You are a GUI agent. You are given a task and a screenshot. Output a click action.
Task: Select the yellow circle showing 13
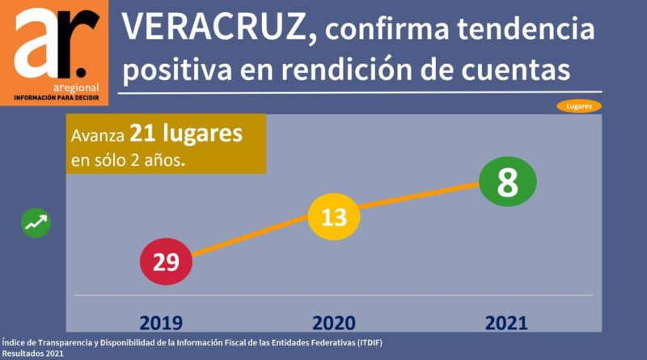(x=333, y=216)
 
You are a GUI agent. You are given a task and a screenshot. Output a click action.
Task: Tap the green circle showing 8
(x=507, y=182)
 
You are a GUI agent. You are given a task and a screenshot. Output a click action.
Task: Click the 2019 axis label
(x=161, y=323)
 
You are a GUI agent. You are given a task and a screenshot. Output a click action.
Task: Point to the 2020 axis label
(x=334, y=323)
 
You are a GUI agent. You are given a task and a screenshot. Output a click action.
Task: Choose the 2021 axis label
(x=506, y=323)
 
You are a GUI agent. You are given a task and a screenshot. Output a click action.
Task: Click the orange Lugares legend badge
(x=579, y=106)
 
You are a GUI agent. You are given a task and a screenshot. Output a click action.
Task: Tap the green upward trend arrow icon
(x=36, y=222)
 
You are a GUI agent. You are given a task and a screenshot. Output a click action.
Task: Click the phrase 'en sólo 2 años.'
(x=128, y=159)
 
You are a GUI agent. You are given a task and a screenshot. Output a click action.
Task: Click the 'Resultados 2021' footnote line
(x=32, y=354)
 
